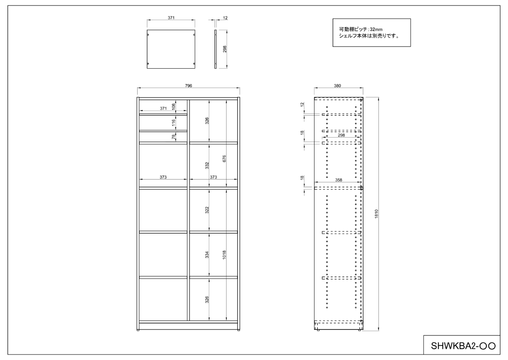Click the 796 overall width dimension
point(188,86)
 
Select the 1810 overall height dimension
point(376,214)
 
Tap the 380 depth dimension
point(337,86)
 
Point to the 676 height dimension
point(224,158)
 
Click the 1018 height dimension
point(224,255)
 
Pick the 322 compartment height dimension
point(207,210)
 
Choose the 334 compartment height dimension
point(207,255)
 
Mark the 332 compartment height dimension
point(207,165)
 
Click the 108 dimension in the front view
point(174,107)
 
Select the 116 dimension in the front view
point(174,123)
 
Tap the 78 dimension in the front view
point(174,137)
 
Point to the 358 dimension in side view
point(339,180)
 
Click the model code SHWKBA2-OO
point(463,346)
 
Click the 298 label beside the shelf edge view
point(225,49)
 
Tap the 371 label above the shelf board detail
point(171,18)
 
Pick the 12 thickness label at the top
point(225,18)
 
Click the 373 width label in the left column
point(163,177)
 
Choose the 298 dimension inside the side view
point(341,135)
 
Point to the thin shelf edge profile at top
point(215,49)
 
